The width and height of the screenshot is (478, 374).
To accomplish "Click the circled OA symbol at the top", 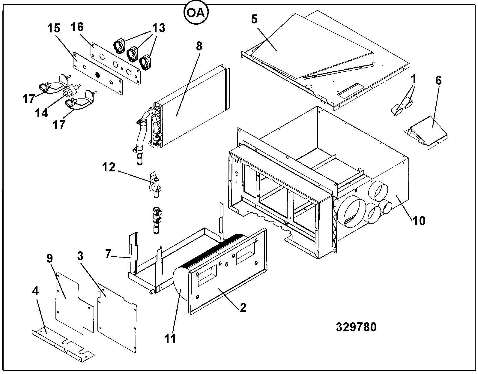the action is click(x=196, y=12).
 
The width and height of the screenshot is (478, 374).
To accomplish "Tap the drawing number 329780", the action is click(x=356, y=327).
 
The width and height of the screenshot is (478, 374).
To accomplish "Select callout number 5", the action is click(x=254, y=20).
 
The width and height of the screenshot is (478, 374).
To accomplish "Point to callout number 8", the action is click(x=199, y=47).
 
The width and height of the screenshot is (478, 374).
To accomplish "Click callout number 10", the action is click(x=419, y=221).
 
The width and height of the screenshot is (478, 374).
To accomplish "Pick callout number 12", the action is click(x=109, y=167).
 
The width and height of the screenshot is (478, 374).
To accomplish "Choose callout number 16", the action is click(x=77, y=27).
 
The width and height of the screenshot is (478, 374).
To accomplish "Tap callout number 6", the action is click(x=438, y=80).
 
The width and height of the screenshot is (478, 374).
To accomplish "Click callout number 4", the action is click(x=35, y=291).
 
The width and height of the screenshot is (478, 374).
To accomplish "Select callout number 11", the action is click(x=170, y=339).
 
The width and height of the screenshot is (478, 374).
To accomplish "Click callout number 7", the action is click(x=108, y=254).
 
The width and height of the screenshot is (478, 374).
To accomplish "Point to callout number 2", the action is click(x=243, y=308).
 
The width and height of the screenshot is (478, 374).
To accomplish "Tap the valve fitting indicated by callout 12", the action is click(x=155, y=185).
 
